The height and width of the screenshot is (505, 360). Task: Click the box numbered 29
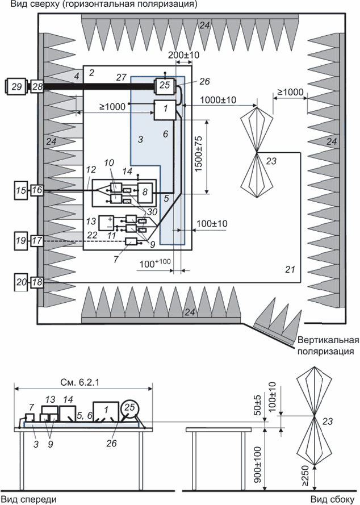[x=15, y=86]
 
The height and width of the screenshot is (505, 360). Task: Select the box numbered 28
[x=37, y=86]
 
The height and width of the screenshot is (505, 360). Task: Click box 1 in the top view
[x=164, y=110]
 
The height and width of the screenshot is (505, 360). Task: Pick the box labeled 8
[x=146, y=192]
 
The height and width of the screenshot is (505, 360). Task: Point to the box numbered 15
[x=21, y=191]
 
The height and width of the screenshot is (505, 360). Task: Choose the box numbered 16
[x=37, y=191]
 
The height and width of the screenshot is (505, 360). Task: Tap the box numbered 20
[x=21, y=281]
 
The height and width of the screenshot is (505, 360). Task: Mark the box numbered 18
[x=37, y=281]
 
